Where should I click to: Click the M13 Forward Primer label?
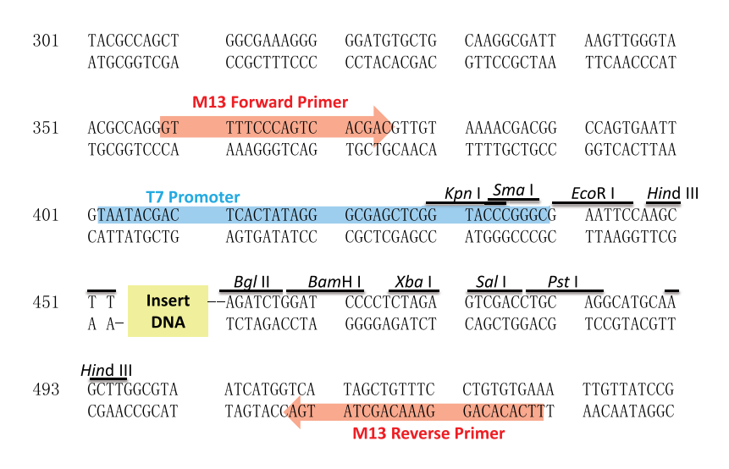tap(270, 102)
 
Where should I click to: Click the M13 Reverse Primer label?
tap(428, 433)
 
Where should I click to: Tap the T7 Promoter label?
tap(193, 197)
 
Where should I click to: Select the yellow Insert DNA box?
tap(168, 311)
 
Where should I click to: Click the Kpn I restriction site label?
tap(462, 193)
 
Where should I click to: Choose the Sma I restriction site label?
tap(513, 190)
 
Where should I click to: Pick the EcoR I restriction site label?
tap(593, 193)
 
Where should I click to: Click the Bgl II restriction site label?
tap(251, 282)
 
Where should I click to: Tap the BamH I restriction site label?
tap(334, 282)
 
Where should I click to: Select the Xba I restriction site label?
tap(413, 282)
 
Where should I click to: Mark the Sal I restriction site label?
tap(491, 282)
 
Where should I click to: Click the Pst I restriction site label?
tap(563, 282)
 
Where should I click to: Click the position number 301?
tap(46, 41)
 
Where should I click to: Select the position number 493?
tap(46, 389)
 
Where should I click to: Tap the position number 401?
tap(46, 215)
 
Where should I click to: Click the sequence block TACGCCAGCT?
tap(134, 41)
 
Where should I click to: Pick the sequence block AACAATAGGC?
tap(628, 411)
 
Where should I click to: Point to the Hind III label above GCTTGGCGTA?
tap(107, 371)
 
